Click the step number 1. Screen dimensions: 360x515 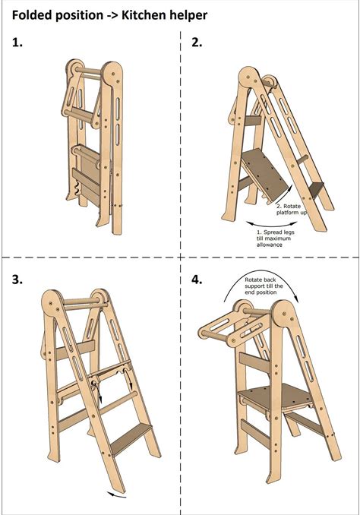pos(17,43)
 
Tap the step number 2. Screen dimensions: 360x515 pos(197,43)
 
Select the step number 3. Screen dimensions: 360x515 pos(17,280)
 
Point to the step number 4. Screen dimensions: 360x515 pos(197,280)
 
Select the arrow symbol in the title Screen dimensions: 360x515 pos(112,16)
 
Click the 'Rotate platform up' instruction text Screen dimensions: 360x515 pos(292,209)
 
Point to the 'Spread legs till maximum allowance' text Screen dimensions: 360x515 pos(273,239)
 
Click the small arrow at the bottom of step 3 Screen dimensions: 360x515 pos(117,495)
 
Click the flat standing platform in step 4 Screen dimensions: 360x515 pos(274,396)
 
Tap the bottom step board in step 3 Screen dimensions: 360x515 pos(131,439)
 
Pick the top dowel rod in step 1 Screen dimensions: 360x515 pos(88,71)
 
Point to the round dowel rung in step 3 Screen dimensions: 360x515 pos(117,402)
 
